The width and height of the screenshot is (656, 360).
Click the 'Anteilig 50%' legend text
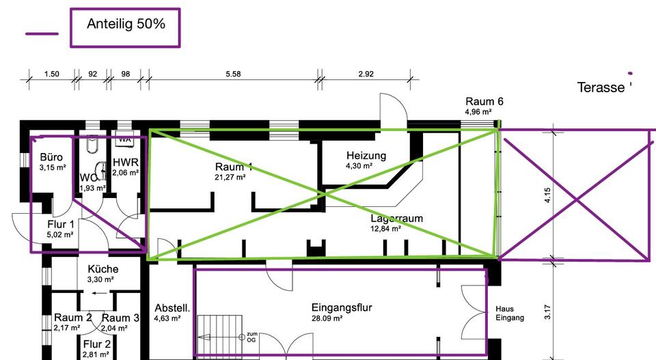pyautogui.click(x=125, y=25)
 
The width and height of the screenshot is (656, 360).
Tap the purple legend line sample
pyautogui.click(x=42, y=33)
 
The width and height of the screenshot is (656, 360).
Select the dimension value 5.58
pyautogui.click(x=233, y=74)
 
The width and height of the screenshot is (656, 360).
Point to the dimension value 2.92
pyautogui.click(x=366, y=74)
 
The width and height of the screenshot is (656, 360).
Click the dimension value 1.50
pyautogui.click(x=51, y=74)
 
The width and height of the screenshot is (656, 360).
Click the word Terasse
pyautogui.click(x=601, y=87)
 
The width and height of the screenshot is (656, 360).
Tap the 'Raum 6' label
pyautogui.click(x=484, y=102)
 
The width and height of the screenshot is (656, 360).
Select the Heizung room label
pyautogui.click(x=366, y=156)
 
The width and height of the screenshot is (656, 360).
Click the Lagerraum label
pyautogui.click(x=396, y=219)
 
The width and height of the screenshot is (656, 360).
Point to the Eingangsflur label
pyautogui.click(x=341, y=308)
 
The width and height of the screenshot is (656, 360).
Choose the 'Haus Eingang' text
pyautogui.click(x=509, y=314)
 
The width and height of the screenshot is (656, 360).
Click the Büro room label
pyautogui.click(x=52, y=157)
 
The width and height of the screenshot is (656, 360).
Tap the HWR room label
pyautogui.click(x=126, y=163)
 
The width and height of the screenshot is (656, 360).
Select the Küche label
pyautogui.click(x=103, y=269)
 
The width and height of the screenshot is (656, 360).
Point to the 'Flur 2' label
pyautogui.click(x=97, y=344)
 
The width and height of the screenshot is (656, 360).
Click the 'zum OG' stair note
pyautogui.click(x=251, y=336)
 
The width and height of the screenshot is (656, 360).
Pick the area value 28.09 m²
pyautogui.click(x=327, y=318)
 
